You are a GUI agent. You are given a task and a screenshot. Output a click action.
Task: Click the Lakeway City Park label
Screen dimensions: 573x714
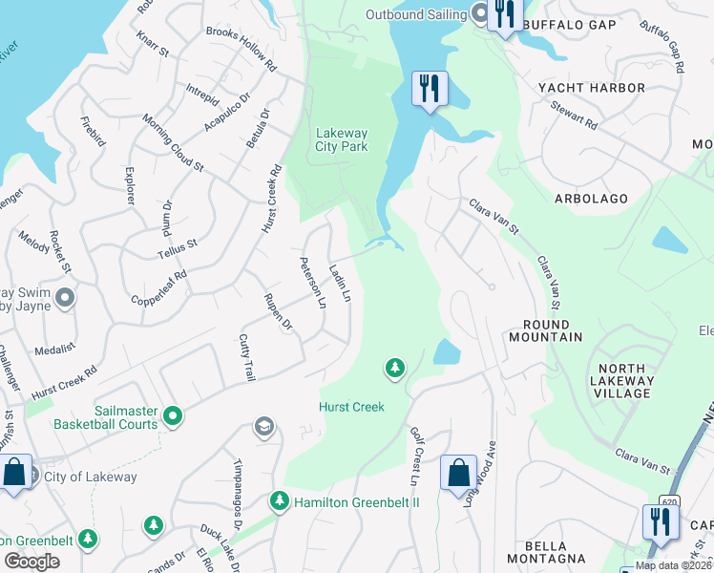(342, 140)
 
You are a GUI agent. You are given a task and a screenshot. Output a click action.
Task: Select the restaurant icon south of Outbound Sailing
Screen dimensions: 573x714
(429, 90)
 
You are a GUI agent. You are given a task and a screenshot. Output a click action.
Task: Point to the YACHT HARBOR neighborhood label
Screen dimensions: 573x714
(592, 88)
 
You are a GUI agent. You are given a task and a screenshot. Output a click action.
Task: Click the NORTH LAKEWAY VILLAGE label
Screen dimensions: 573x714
(626, 381)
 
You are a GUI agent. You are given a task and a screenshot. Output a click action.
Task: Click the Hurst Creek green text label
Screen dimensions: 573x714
(351, 407)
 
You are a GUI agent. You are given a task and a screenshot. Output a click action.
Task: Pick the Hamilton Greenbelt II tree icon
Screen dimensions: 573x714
(279, 500)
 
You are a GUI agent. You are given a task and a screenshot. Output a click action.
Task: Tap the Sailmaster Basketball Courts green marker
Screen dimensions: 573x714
(173, 415)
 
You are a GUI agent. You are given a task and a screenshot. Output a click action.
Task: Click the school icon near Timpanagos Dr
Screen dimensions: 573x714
(264, 427)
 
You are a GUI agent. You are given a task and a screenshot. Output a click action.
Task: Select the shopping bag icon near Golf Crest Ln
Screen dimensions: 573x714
(458, 472)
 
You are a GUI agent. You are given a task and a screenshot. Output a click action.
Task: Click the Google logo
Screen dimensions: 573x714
(32, 561)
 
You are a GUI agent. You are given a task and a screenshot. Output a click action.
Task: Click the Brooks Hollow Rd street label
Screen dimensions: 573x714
(241, 49)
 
